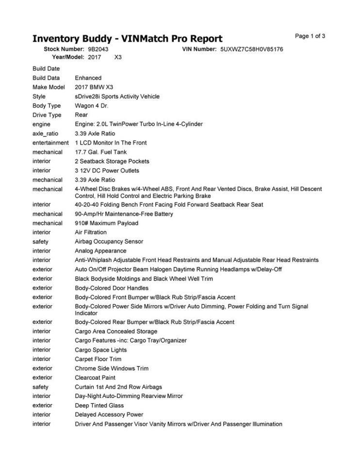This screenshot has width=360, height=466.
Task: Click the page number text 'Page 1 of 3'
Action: coord(310,36)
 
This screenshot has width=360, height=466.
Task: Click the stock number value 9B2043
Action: coord(98,50)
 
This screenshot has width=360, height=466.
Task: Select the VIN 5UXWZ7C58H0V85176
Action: coord(251,50)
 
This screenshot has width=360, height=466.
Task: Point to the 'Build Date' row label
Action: coord(46,68)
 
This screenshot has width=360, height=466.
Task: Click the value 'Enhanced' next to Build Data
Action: coord(88,78)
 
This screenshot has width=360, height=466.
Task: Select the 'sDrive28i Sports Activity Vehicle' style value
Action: coord(117,97)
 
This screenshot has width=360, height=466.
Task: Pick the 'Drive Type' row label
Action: coord(47,115)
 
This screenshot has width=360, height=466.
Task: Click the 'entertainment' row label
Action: coord(50,143)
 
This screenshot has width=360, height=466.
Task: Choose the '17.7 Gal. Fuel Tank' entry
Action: coord(100,152)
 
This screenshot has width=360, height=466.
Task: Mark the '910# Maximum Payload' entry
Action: coord(106,223)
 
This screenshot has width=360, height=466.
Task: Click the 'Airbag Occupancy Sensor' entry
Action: coord(109,241)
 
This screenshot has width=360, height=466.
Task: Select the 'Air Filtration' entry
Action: coord(91,232)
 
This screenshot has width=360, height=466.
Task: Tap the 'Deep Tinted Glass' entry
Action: coord(99,405)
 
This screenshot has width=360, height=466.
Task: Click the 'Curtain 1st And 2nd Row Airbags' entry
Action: coord(118,387)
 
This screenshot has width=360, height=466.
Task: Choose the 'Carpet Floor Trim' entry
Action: coord(98,359)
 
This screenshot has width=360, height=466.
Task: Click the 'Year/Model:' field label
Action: coord(68,57)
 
